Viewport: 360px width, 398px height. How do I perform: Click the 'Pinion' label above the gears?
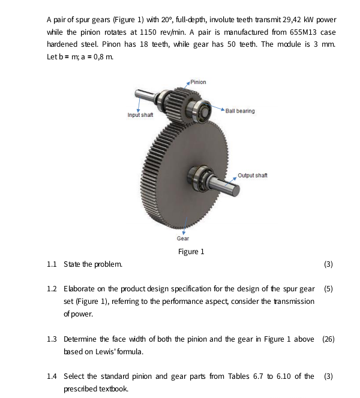[x=198, y=82]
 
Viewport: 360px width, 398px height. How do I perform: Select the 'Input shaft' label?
[x=140, y=114]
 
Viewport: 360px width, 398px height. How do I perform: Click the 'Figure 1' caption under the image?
[x=191, y=251]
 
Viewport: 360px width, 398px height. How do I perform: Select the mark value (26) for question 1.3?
[x=328, y=339]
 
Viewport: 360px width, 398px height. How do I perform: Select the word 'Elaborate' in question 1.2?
[x=81, y=288]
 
